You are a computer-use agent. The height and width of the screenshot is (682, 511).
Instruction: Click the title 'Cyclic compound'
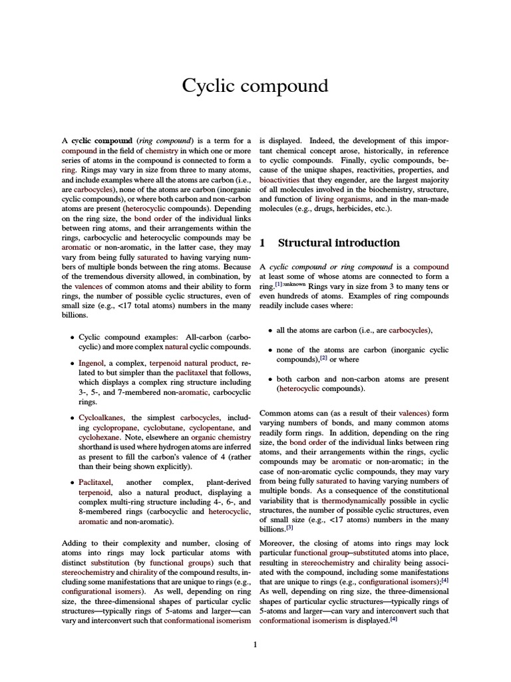255,86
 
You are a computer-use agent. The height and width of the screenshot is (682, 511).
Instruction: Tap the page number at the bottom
255,644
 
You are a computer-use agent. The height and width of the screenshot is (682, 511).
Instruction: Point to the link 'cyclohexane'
100,438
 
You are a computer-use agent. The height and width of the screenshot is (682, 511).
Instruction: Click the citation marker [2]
323,357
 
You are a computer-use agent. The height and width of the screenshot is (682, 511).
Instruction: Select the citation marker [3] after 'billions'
289,527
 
